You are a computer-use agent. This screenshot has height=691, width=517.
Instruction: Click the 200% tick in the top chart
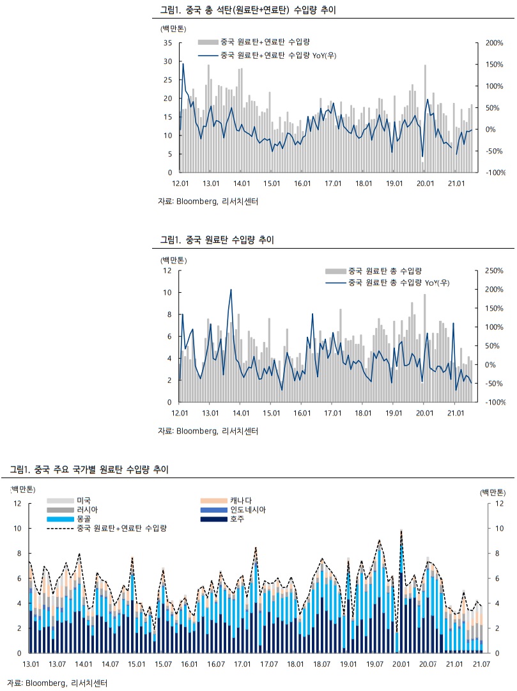(x=494, y=43)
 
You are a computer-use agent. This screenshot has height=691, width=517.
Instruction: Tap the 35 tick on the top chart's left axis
(x=169, y=43)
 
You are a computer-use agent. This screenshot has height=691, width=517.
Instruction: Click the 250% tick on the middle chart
(x=494, y=270)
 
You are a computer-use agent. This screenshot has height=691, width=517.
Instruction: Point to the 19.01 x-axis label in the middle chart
(x=394, y=413)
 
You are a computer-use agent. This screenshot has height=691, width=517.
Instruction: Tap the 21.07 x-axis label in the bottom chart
(x=481, y=665)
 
